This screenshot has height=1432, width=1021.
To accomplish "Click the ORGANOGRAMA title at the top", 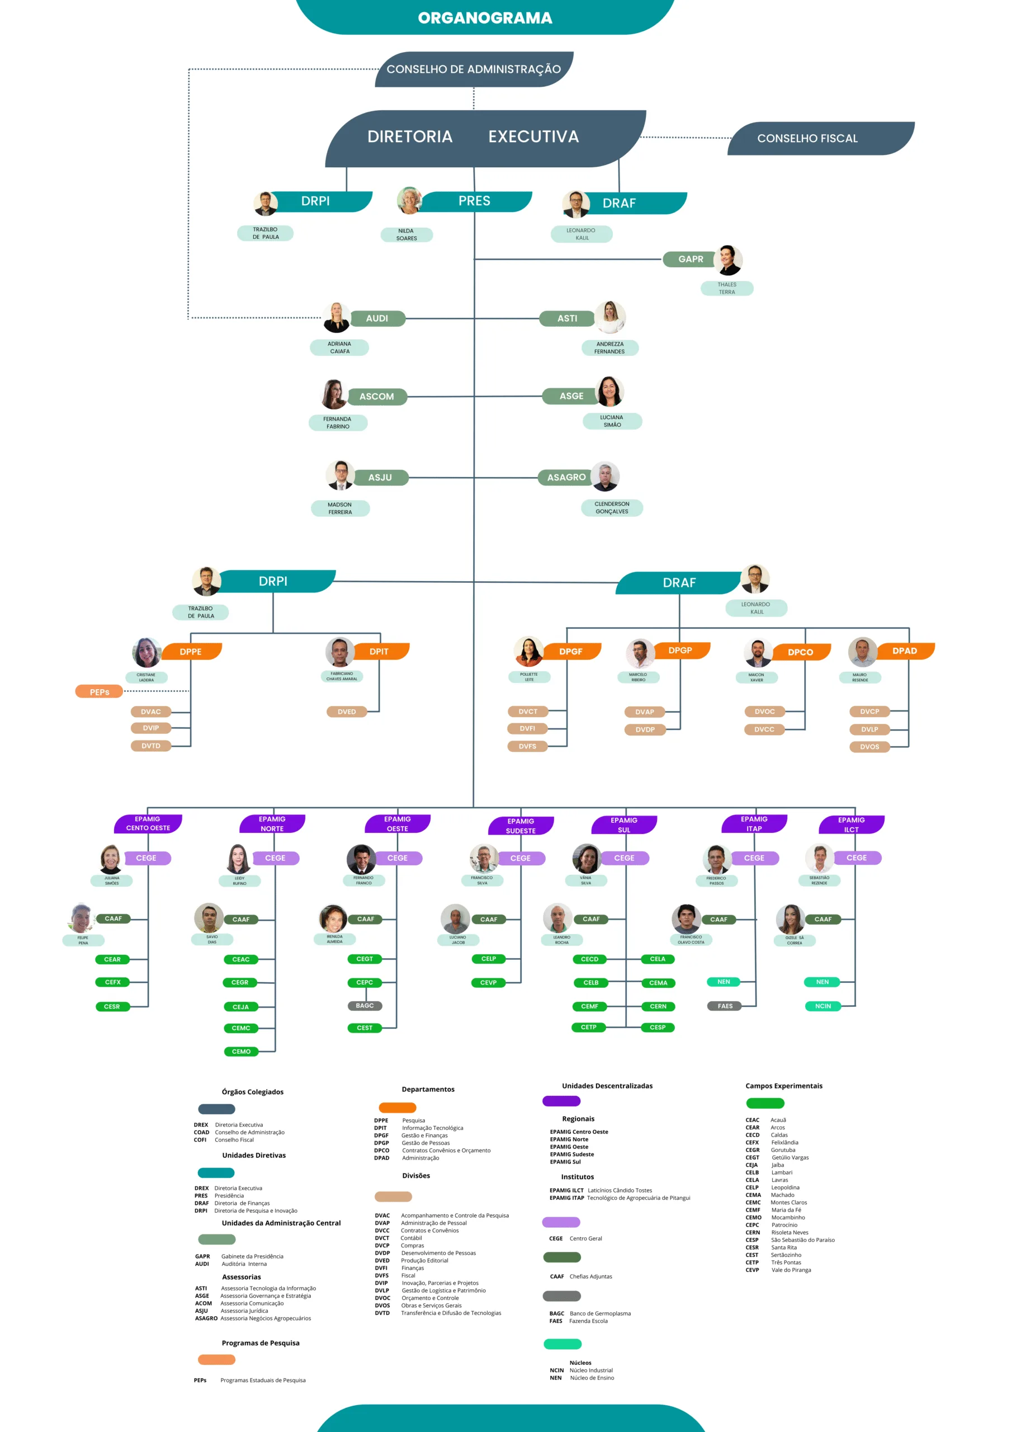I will tap(485, 17).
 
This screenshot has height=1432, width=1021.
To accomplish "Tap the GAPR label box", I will tap(691, 259).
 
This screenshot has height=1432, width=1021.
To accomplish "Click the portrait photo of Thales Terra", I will tap(728, 260).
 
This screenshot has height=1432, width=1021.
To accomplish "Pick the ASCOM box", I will tap(377, 397).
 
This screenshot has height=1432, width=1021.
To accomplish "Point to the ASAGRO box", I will tap(566, 477).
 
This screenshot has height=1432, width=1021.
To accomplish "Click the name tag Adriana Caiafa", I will tap(339, 348).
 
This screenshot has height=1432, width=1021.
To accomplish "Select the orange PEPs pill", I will tap(100, 692).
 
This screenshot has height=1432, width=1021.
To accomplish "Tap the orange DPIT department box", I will tap(379, 652).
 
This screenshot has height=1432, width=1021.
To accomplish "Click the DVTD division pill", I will tap(151, 746).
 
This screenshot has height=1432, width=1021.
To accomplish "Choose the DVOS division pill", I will tap(869, 747).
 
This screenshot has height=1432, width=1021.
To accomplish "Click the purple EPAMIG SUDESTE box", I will tap(521, 826).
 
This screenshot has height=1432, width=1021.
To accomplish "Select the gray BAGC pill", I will tap(365, 1006).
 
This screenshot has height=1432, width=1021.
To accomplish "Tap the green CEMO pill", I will tap(241, 1052).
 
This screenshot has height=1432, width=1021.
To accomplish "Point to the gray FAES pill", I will tap(725, 1006).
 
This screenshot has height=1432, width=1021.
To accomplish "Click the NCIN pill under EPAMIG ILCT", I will tap(823, 1006).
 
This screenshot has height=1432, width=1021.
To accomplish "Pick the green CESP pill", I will tap(658, 1028).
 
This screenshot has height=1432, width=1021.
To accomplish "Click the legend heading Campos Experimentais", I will tap(783, 1086).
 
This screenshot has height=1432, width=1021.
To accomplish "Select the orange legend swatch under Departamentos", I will tap(398, 1108).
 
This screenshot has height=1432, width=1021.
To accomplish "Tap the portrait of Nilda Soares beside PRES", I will tap(409, 200).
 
